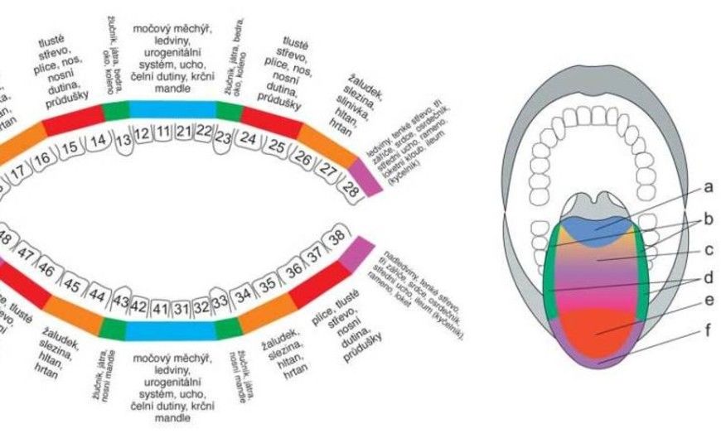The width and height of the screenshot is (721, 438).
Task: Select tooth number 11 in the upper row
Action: [x=164, y=132]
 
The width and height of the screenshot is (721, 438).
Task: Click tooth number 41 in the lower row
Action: [x=160, y=308]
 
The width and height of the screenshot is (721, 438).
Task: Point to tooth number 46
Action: [x=46, y=271]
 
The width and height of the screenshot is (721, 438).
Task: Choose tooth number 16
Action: [x=43, y=156]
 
